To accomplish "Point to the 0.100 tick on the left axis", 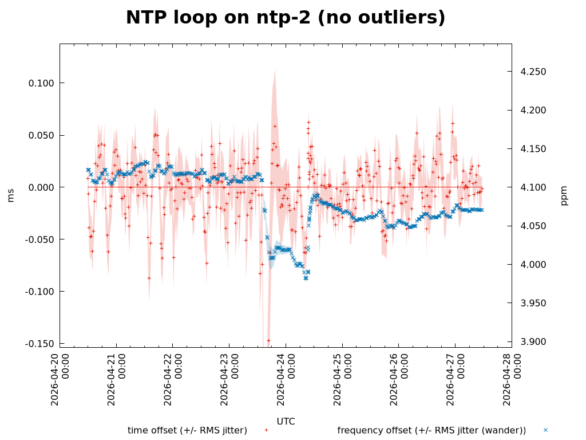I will pyautogui.click(x=41, y=84).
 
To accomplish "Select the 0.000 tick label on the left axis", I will pyautogui.click(x=41, y=187).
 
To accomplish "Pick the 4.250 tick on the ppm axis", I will pyautogui.click(x=533, y=72).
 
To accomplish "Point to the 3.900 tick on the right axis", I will pyautogui.click(x=533, y=342).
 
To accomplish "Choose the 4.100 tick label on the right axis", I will pyautogui.click(x=533, y=187).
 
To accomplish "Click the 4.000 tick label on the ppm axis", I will pyautogui.click(x=533, y=265).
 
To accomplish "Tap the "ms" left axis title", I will pyautogui.click(x=10, y=195).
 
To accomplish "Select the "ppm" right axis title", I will pyautogui.click(x=564, y=195).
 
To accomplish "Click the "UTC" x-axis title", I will pyautogui.click(x=286, y=422).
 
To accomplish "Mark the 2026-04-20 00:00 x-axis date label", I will pyautogui.click(x=60, y=379).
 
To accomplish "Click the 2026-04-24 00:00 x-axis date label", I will pyautogui.click(x=286, y=379).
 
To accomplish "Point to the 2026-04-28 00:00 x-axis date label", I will pyautogui.click(x=512, y=379).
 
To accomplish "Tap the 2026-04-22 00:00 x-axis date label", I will pyautogui.click(x=173, y=379).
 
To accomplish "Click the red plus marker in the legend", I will pyautogui.click(x=266, y=430).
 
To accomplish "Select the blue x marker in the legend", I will pyautogui.click(x=545, y=430).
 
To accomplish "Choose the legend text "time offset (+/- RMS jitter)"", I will pyautogui.click(x=187, y=430).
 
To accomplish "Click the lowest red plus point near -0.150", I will pyautogui.click(x=268, y=340).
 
